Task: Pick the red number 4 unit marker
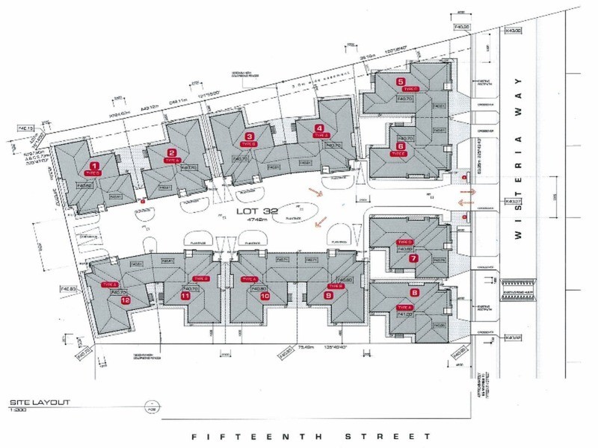pyautogui.click(x=319, y=128)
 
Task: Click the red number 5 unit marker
pyautogui.click(x=401, y=82)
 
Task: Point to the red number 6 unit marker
pyautogui.click(x=401, y=146)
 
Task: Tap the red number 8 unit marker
pyautogui.click(x=415, y=293)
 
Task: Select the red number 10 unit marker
pyautogui.click(x=265, y=296)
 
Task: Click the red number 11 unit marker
pyautogui.click(x=185, y=296)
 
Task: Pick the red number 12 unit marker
pyautogui.click(x=126, y=300)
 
